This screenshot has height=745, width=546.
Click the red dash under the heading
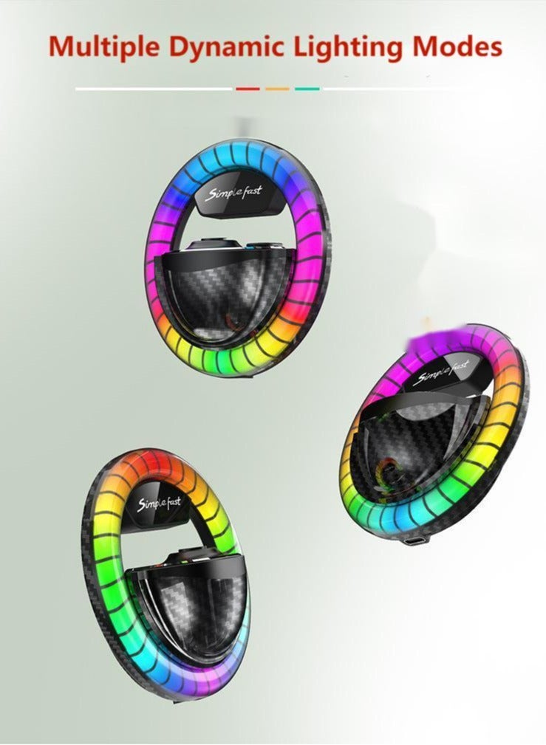[x=248, y=89]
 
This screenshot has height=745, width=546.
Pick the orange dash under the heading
[x=277, y=89]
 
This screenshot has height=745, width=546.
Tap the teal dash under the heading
[x=307, y=89]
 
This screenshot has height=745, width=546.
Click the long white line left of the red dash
[x=154, y=89]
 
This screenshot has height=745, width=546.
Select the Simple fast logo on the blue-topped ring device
[x=233, y=193]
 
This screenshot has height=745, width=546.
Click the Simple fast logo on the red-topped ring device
[x=159, y=504]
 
